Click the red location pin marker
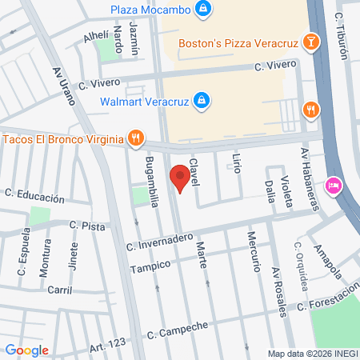coord(181,178)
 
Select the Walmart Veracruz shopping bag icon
coord(202,101)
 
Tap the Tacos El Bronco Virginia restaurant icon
coord(137,138)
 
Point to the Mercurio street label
coord(253,249)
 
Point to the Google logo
coord(27,350)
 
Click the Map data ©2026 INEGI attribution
coord(311,354)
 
